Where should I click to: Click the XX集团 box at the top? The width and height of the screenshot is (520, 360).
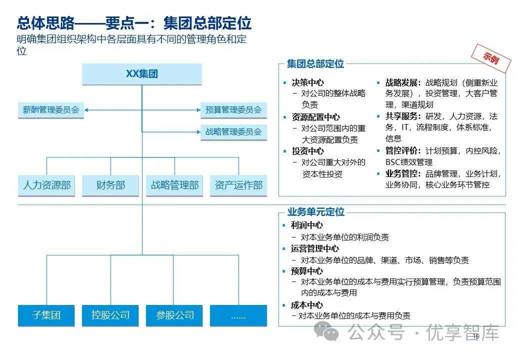pyautogui.click(x=142, y=74)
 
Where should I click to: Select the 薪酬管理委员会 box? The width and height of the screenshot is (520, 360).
pyautogui.click(x=51, y=109)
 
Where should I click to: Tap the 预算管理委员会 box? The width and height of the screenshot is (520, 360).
pyautogui.click(x=233, y=109)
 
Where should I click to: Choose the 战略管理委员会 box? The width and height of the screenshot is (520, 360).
pyautogui.click(x=233, y=132)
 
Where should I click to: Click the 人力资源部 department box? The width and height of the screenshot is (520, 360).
pyautogui.click(x=46, y=185)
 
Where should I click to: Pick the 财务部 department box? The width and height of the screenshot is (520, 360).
pyautogui.click(x=110, y=185)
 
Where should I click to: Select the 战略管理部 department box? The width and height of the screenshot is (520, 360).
pyautogui.click(x=174, y=185)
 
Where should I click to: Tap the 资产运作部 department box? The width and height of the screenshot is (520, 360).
pyautogui.click(x=238, y=185)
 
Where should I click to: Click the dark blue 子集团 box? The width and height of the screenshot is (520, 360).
pyautogui.click(x=46, y=315)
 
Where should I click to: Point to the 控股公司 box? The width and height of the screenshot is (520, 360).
pyautogui.click(x=110, y=315)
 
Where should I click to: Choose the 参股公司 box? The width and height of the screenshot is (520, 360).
pyautogui.click(x=174, y=315)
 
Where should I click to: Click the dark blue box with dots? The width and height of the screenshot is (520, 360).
pyautogui.click(x=238, y=315)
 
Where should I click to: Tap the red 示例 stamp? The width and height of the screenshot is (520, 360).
pyautogui.click(x=491, y=58)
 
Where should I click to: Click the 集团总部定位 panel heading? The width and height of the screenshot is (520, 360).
pyautogui.click(x=315, y=64)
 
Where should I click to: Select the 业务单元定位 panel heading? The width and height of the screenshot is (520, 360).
pyautogui.click(x=315, y=212)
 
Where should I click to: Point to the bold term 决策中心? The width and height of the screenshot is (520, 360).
pyautogui.click(x=307, y=82)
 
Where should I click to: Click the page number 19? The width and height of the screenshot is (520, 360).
pyautogui.click(x=475, y=336)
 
